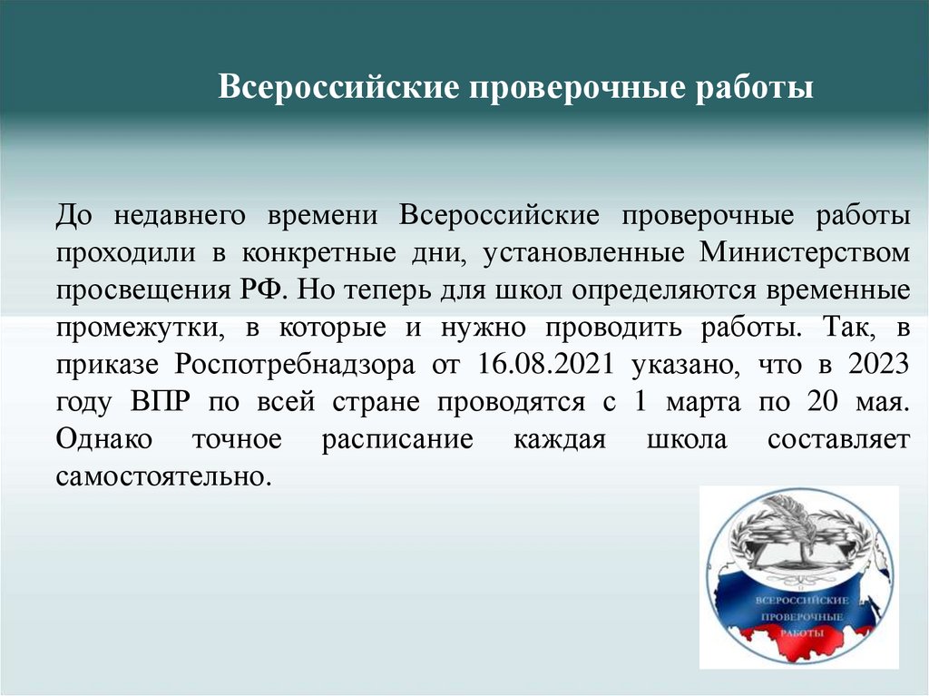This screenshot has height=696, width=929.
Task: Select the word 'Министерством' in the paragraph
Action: (x=804, y=252)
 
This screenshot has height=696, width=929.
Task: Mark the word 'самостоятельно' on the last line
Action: (x=163, y=475)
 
